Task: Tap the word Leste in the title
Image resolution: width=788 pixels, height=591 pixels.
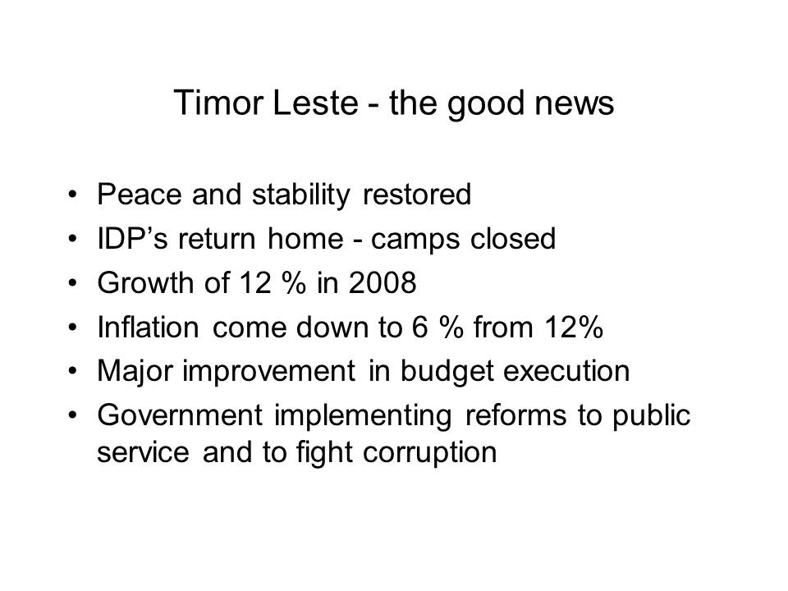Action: tap(315, 103)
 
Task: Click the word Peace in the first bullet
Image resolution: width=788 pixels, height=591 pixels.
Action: tap(140, 194)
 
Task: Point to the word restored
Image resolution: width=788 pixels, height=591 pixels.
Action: tap(417, 194)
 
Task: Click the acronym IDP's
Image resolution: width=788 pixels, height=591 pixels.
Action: tap(132, 238)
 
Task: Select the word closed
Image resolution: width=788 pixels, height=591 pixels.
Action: tap(513, 238)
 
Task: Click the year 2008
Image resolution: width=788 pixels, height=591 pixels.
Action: tap(383, 282)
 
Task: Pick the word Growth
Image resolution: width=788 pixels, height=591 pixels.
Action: tap(145, 282)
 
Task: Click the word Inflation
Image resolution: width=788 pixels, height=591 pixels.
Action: tap(149, 327)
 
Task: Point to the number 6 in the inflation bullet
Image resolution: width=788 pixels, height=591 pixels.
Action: tap(419, 327)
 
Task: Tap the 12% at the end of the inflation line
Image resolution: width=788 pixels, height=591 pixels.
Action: tap(574, 327)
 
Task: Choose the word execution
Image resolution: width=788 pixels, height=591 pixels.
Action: tap(566, 371)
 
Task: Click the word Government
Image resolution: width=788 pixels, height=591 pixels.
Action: tap(180, 415)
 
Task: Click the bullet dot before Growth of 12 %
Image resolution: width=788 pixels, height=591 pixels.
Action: tap(73, 283)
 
